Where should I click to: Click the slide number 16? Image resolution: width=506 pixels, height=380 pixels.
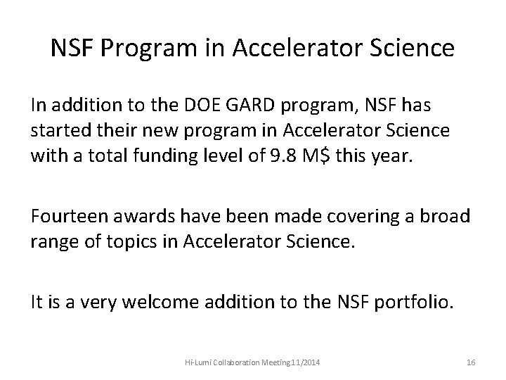click(471, 362)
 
